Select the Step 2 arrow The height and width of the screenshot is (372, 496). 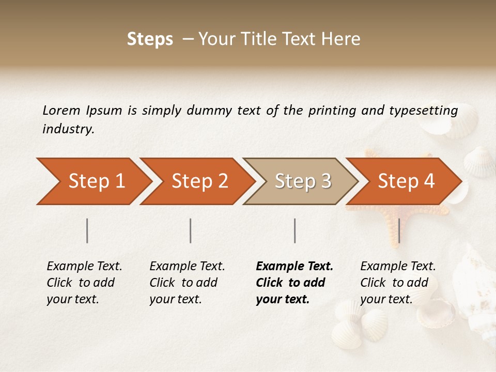coord(199,181)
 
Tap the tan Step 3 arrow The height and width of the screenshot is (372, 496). coord(303,181)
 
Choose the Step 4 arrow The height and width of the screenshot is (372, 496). coord(406,181)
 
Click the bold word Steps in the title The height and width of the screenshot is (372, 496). coord(150,39)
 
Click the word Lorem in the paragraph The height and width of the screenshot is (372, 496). coord(61,110)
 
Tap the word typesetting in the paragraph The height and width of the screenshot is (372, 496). coord(423,111)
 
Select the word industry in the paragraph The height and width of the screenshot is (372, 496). coord(68,129)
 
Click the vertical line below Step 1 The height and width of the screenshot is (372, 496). coord(87,230)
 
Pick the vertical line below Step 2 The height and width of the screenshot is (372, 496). coord(191,230)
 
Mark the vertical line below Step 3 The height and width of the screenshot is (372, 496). coord(295,230)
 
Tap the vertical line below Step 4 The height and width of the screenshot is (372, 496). coord(399,230)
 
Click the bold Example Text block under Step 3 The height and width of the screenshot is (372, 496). coord(294,283)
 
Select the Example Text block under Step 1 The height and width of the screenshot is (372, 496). coord(84,283)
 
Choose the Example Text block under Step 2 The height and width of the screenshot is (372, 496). coord(187,283)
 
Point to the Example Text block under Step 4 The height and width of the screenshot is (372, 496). coord(398,283)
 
